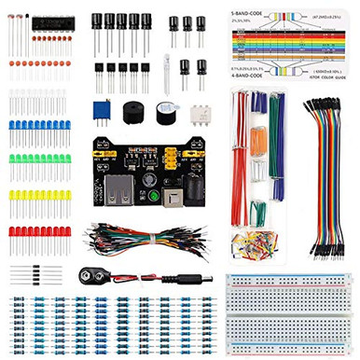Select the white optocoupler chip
pyautogui.click(x=201, y=113)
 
